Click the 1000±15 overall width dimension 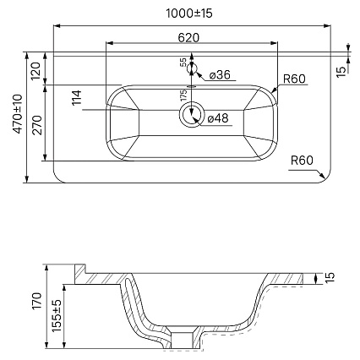coord(189,14)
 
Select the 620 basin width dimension coord(188,37)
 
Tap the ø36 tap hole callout coord(220,74)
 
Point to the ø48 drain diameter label coord(218,118)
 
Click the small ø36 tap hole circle coord(192,68)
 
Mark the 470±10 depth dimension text coord(18,113)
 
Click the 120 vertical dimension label coord(36,71)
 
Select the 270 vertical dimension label coord(37,125)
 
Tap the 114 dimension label coord(76,98)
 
